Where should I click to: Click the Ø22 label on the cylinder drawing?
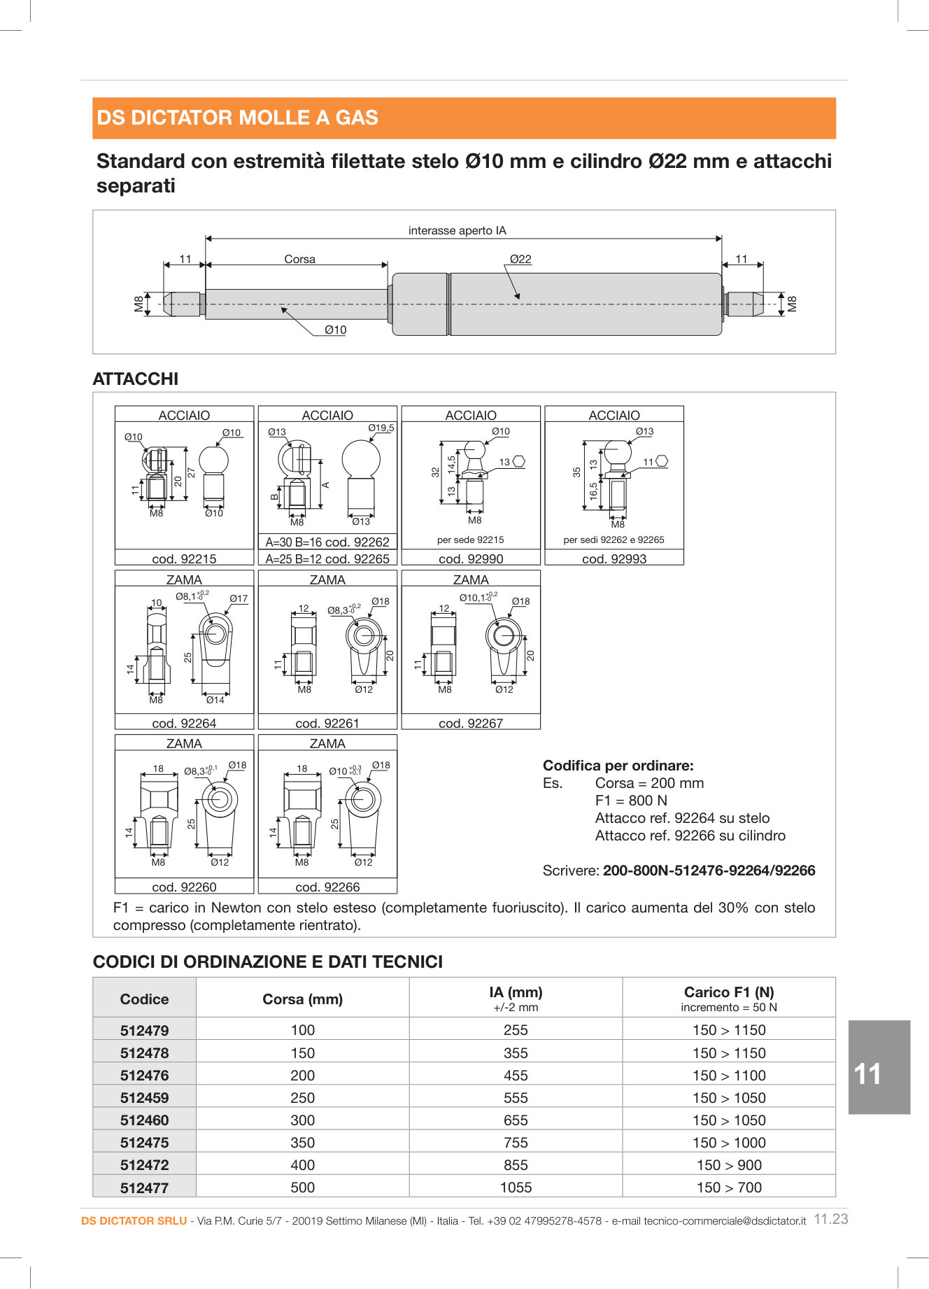tap(520, 259)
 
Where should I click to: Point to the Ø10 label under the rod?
tap(335, 330)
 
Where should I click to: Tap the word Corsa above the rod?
tap(299, 259)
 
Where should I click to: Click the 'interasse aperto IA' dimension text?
tap(457, 230)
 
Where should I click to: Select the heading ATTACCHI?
tap(136, 379)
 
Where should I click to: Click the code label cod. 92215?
tap(184, 558)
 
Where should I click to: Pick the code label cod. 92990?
tap(471, 558)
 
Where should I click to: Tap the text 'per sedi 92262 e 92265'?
tap(614, 540)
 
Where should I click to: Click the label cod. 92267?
tap(471, 723)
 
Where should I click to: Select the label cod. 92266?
tap(327, 887)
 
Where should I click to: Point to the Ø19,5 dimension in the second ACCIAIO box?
tap(381, 428)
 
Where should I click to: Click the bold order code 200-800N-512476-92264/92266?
tap(709, 871)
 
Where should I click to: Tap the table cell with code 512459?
tap(144, 1097)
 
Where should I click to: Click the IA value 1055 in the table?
tap(516, 1187)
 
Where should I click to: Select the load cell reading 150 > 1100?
tap(729, 1075)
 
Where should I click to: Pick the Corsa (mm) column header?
tap(302, 999)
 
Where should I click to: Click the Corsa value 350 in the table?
tap(302, 1142)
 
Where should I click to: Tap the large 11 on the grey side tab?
tap(867, 1074)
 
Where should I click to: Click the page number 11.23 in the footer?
tap(831, 1219)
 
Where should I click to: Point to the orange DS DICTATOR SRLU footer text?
tap(134, 1220)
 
